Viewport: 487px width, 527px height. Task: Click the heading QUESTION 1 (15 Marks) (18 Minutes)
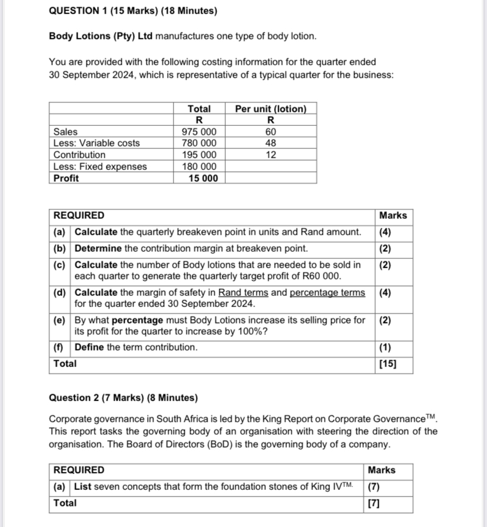(x=133, y=11)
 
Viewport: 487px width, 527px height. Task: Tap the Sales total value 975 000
(x=199, y=132)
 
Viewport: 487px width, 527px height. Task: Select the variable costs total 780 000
(x=199, y=143)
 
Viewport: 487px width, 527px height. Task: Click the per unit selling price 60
(x=271, y=132)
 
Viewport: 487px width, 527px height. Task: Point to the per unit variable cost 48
(x=271, y=143)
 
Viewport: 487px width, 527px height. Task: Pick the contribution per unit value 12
(x=271, y=155)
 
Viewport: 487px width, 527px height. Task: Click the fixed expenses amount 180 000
(x=199, y=166)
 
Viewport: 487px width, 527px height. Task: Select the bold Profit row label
(x=66, y=178)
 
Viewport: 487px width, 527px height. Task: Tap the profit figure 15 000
(x=202, y=178)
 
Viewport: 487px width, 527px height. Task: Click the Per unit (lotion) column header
(x=271, y=109)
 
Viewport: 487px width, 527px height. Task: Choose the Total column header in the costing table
(x=199, y=109)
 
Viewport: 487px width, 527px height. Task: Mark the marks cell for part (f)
(x=385, y=347)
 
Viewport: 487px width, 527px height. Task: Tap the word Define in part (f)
(x=89, y=347)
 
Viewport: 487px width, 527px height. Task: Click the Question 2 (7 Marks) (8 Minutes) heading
(x=124, y=398)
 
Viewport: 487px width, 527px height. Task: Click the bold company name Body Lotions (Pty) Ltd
(x=101, y=36)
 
